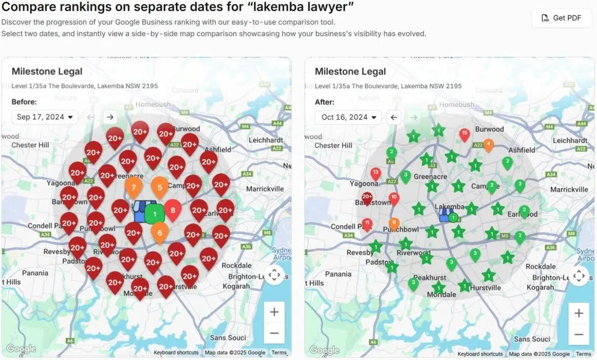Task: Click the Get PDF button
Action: coord(561,18)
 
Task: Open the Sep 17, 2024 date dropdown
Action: coord(45,117)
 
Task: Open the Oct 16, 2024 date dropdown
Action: coord(348,117)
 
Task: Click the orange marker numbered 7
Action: coord(134,187)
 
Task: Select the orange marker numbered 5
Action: coord(160,187)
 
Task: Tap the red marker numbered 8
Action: coord(173,209)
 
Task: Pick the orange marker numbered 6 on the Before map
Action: coord(160,232)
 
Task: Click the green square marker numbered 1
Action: coord(154,214)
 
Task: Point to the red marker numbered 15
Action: coord(464,134)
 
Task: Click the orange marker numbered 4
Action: coord(489,144)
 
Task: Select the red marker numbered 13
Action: coord(375,173)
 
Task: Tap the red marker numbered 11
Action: coord(367,223)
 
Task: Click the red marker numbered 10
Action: coord(394,197)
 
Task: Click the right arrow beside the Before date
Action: coord(110,117)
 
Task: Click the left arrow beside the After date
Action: coord(394,117)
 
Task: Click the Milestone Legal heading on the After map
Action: coord(350,72)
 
